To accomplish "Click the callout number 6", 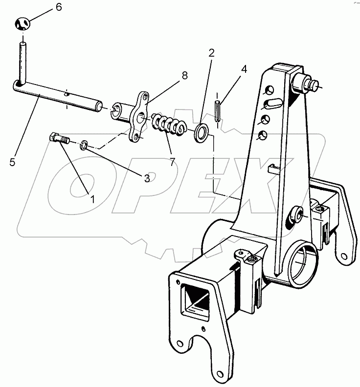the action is point(59,7).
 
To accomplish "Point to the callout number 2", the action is point(211,53).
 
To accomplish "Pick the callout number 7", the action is point(172,162).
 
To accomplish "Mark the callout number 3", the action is point(147,178).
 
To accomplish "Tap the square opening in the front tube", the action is point(198,300).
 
